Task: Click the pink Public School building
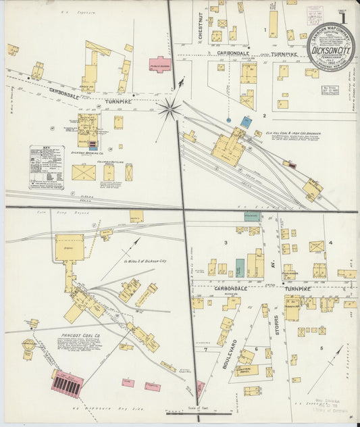coord(159,65)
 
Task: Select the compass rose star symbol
coord(170,107)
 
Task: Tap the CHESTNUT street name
coord(201,24)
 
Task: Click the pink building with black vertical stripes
coord(68,386)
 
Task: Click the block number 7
coord(205,349)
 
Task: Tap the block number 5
coord(321,348)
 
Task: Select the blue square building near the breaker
coord(247,122)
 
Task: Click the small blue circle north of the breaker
coord(228,120)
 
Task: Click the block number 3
coord(226,242)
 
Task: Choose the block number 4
coord(330,242)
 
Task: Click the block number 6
coord(257,330)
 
